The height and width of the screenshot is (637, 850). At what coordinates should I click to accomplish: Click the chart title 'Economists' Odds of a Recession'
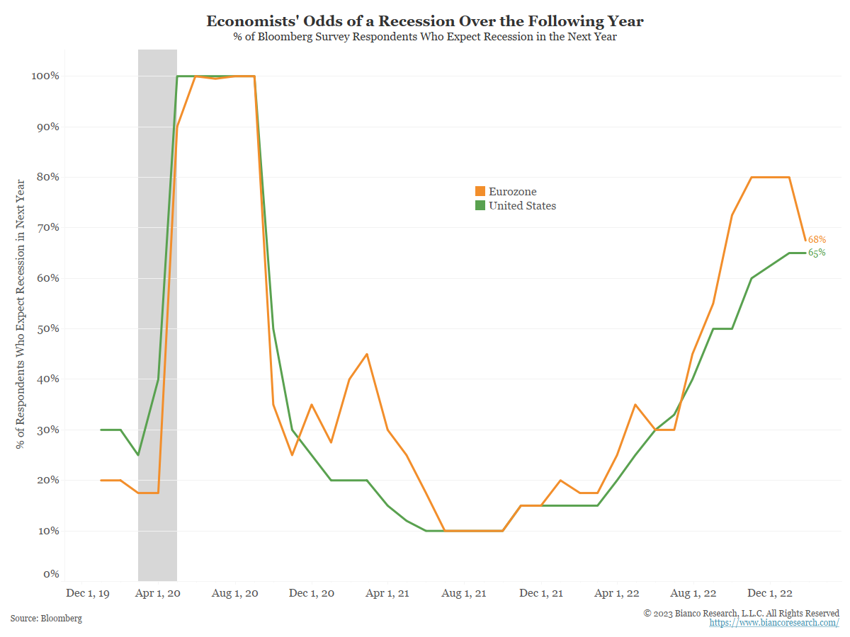(x=425, y=21)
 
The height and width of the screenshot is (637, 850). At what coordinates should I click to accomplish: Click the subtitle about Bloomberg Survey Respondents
(x=425, y=37)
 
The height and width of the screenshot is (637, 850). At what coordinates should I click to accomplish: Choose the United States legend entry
(x=516, y=205)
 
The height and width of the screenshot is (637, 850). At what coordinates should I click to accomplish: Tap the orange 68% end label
(x=817, y=239)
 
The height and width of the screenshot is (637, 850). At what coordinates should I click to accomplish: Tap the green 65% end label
(x=817, y=253)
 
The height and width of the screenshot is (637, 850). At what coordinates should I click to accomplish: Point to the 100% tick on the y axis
(x=44, y=76)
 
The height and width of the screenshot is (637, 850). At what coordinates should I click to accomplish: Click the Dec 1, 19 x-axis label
(x=87, y=592)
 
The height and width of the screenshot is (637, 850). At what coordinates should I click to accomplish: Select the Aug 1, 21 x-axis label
(x=464, y=592)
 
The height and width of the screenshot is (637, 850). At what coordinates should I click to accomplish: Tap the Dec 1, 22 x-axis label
(x=771, y=592)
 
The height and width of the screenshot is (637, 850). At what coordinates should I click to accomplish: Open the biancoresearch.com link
(x=774, y=622)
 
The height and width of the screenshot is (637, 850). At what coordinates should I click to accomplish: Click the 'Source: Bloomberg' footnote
(x=46, y=618)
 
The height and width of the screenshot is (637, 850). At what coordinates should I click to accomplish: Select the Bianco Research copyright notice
(x=741, y=613)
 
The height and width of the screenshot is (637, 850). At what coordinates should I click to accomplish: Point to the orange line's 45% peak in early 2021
(x=366, y=354)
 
